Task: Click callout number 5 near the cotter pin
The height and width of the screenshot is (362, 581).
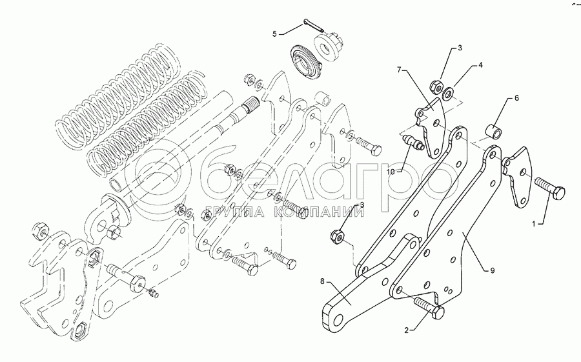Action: (274, 34)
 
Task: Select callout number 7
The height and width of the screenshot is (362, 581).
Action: (400, 70)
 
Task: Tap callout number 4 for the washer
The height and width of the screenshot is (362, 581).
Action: (480, 65)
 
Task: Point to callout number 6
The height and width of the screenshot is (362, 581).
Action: (516, 98)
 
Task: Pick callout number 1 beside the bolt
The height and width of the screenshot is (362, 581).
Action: (534, 224)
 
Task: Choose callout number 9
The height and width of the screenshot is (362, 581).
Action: (493, 271)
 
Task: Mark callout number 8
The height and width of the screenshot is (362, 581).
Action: (322, 281)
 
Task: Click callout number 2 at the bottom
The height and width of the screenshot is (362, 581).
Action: (407, 331)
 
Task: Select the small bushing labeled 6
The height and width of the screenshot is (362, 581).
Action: (493, 133)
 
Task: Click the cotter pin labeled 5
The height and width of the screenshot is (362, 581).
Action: (314, 25)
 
